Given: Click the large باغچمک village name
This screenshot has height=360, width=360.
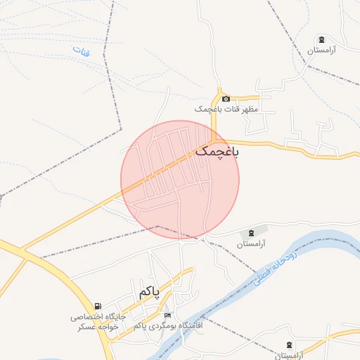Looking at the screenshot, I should tap(217, 151).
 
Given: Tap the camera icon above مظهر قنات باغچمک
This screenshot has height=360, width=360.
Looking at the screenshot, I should tap(226, 98).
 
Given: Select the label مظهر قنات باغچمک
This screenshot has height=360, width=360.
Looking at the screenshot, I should tap(227, 110).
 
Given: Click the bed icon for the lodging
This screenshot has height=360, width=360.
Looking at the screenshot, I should tap(166, 315).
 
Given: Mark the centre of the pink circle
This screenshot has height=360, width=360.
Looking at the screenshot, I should tap(180, 180).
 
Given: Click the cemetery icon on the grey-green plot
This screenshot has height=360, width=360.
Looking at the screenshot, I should tap(251, 233).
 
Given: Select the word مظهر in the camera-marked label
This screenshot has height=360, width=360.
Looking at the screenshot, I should tap(250, 110).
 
